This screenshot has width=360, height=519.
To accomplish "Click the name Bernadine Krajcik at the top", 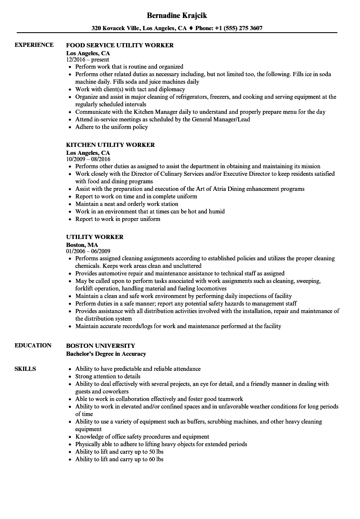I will pos(177,15).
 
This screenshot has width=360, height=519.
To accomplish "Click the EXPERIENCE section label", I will pos(34,45).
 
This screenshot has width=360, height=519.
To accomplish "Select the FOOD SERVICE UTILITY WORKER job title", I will pos(120,45).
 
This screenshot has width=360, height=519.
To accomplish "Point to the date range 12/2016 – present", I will pos(87,59).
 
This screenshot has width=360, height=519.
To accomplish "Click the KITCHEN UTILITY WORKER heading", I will pos(111,145).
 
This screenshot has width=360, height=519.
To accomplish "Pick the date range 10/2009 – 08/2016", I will pos(88,159).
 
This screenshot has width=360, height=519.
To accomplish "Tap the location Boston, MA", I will pos(82,244).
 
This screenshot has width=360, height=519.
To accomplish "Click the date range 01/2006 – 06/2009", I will pos(88,251).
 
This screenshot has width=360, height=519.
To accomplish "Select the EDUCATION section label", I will pos(33,345).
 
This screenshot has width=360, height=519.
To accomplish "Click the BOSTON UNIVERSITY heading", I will pos(100,346).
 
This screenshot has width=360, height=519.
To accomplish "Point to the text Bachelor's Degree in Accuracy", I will pos(106,354).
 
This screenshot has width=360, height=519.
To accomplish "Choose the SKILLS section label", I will pos(25,369).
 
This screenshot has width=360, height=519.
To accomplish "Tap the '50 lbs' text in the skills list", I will pos(155,452).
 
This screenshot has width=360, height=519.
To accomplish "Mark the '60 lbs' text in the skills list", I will pos(155,459).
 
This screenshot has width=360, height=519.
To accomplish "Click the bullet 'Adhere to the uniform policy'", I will pos(111,127).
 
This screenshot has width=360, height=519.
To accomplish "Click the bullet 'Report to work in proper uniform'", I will pos(118,219).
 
